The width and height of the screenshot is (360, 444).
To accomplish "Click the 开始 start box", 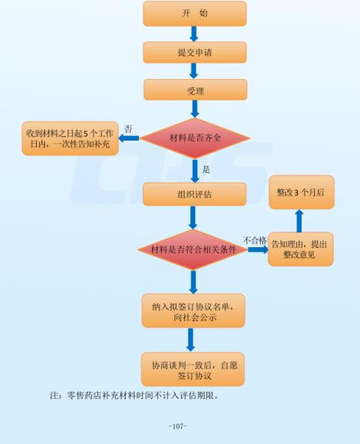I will click(x=194, y=13).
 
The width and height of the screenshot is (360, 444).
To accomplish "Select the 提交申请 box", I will click(x=194, y=52).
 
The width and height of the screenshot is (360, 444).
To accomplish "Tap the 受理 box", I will click(x=194, y=90).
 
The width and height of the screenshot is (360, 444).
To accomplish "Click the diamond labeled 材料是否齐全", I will click(x=194, y=137).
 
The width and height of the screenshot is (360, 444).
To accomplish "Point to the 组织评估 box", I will click(x=194, y=195).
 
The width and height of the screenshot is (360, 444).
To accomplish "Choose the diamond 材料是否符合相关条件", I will click(x=193, y=249).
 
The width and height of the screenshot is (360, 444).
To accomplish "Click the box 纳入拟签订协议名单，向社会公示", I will click(x=193, y=311).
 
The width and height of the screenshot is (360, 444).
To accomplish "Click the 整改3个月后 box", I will click(x=301, y=192).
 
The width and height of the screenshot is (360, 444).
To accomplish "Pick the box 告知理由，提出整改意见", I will click(x=301, y=249).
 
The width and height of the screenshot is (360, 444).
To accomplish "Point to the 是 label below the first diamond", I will click(x=206, y=169).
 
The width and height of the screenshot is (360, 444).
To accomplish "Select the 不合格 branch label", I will click(x=254, y=239).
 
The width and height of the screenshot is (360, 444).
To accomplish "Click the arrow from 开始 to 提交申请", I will click(x=194, y=33).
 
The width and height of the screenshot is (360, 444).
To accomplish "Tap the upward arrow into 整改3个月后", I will click(x=300, y=221).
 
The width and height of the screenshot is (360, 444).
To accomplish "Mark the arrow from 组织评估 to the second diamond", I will click(x=193, y=218).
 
